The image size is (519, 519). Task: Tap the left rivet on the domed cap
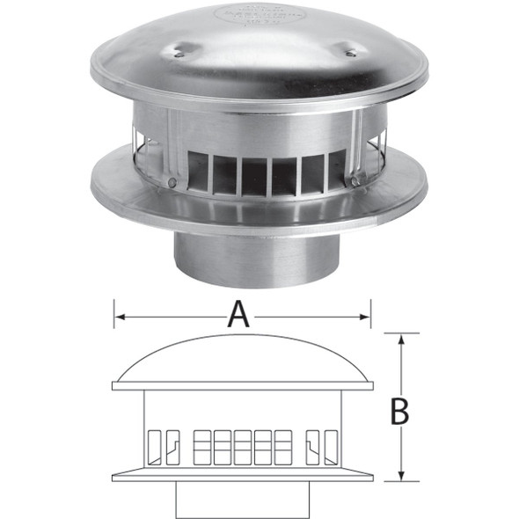(x=179, y=55)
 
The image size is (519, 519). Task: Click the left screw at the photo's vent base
(x=172, y=182)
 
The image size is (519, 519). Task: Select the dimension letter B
(x=399, y=411)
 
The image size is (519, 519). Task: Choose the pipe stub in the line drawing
(x=245, y=499)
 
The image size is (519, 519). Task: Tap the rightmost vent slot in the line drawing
(x=330, y=446)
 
